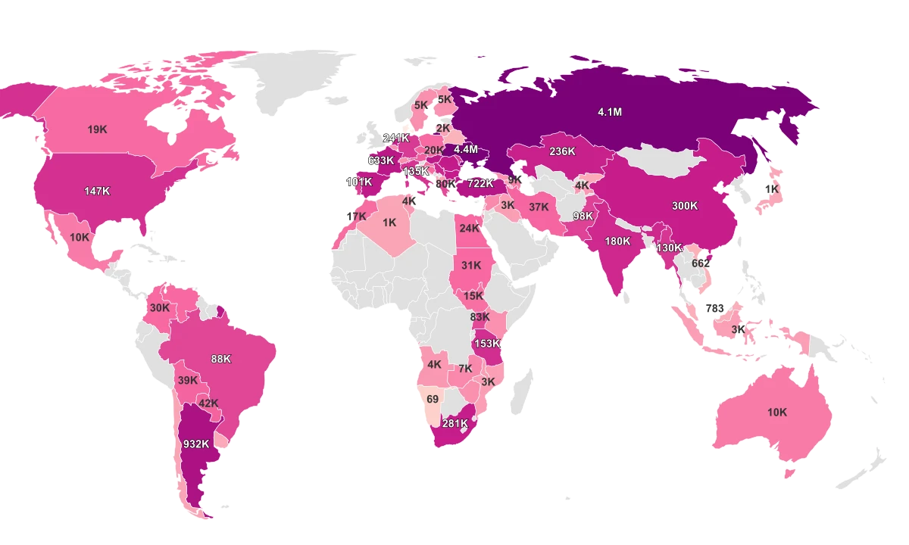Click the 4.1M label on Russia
click(x=609, y=112)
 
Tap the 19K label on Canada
click(x=97, y=129)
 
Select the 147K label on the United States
click(x=97, y=192)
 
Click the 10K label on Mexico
click(x=80, y=237)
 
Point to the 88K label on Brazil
click(x=221, y=359)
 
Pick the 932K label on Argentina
click(x=196, y=444)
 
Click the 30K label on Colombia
click(x=159, y=308)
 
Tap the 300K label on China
click(x=684, y=206)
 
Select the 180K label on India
click(x=617, y=241)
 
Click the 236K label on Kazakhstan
click(x=562, y=151)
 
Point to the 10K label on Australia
click(x=777, y=413)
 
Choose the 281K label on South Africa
click(x=455, y=423)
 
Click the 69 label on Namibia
click(x=433, y=399)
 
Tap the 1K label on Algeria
click(x=389, y=223)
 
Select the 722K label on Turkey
click(x=480, y=183)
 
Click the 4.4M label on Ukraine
click(x=466, y=149)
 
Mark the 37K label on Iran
click(x=539, y=207)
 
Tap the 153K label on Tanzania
click(x=487, y=344)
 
